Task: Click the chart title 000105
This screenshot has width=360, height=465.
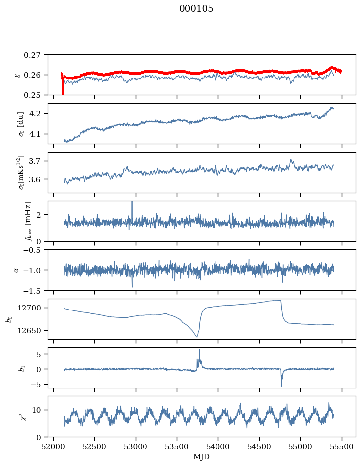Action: click(196, 9)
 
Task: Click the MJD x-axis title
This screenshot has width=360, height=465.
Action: click(201, 457)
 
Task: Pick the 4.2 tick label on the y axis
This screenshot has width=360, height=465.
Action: click(37, 114)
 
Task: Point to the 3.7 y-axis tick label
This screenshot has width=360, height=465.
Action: click(37, 161)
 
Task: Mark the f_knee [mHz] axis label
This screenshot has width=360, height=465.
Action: click(28, 221)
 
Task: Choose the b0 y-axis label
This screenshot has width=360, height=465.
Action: click(10, 319)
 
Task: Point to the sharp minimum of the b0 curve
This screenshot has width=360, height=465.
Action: click(197, 337)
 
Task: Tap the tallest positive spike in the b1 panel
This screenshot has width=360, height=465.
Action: click(199, 350)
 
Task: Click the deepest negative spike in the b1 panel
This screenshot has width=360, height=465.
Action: click(281, 385)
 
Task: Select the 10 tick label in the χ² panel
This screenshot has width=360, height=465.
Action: click(36, 410)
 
